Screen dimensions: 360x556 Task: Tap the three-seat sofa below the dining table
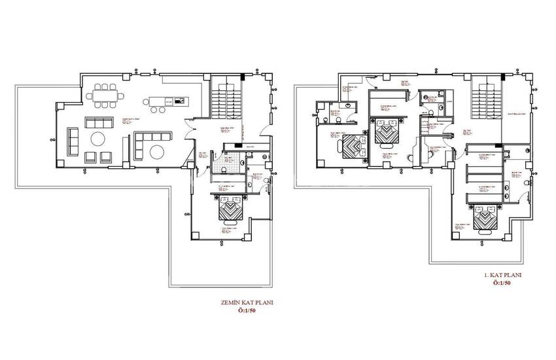(x=99, y=122)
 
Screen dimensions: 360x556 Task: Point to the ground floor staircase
(x=226, y=98)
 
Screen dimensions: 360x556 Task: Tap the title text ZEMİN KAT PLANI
(x=247, y=303)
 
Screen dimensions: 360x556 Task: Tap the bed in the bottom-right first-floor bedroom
(x=484, y=220)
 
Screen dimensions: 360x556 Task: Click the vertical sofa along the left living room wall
(x=72, y=141)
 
